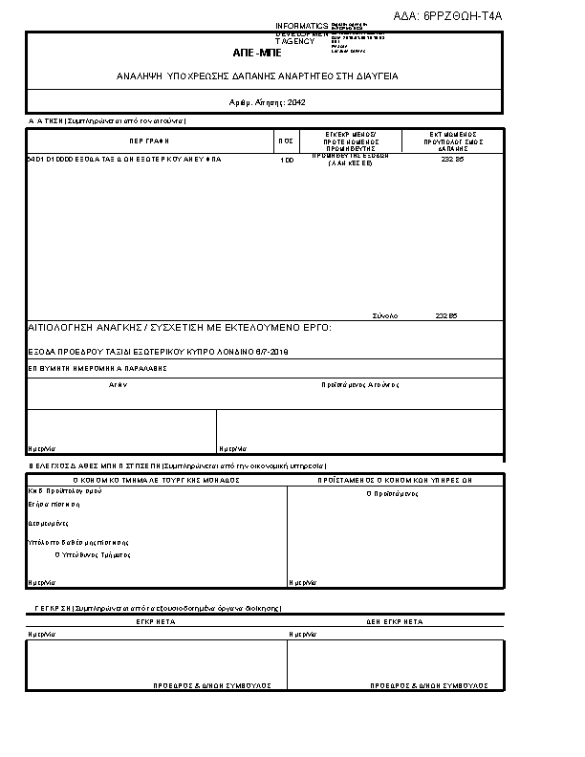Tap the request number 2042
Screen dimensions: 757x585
[x=296, y=101]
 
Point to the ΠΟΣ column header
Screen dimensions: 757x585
[x=285, y=140]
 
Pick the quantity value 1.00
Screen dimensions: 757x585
[x=286, y=160]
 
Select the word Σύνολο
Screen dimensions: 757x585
[x=384, y=315]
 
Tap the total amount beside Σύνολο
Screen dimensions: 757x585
[x=446, y=315]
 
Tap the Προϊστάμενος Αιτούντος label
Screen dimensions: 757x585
[x=359, y=384]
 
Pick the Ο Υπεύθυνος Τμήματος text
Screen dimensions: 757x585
[x=93, y=553]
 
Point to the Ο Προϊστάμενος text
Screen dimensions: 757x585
[x=393, y=494]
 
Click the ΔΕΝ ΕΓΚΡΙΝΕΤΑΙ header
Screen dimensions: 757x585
[x=395, y=621]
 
